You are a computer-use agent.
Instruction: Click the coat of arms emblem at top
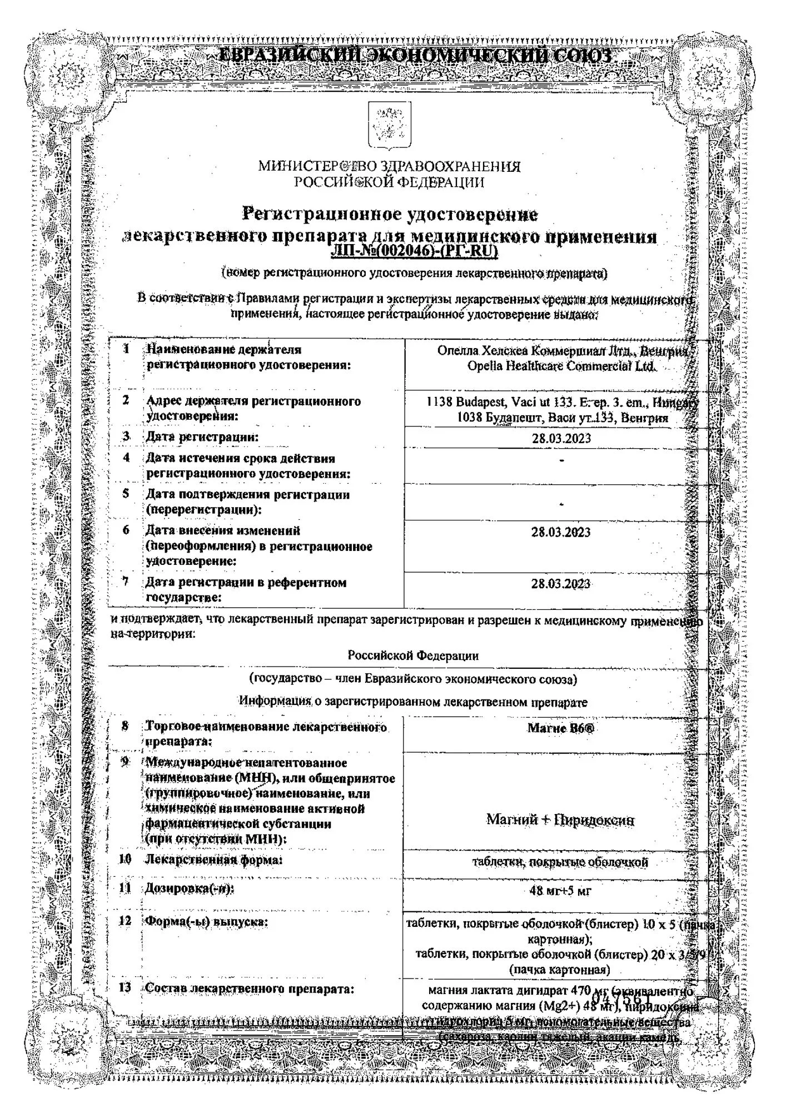[389, 125]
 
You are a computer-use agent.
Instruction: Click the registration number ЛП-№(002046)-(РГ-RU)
[414, 252]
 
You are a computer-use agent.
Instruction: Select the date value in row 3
[561, 438]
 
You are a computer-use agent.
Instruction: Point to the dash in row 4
[562, 460]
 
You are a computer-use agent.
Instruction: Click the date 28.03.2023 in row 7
[561, 584]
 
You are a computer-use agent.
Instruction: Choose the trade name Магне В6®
[560, 728]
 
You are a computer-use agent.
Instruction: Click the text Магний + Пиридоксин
[560, 820]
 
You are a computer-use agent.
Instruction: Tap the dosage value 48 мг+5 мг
[560, 891]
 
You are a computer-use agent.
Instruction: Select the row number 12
[125, 921]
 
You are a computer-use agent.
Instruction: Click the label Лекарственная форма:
[214, 860]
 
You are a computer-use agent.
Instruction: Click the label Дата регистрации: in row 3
[202, 437]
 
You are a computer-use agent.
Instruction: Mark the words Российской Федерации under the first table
[413, 656]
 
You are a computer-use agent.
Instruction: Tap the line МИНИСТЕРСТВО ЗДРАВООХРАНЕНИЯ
[389, 166]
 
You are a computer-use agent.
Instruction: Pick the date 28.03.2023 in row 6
[561, 532]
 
